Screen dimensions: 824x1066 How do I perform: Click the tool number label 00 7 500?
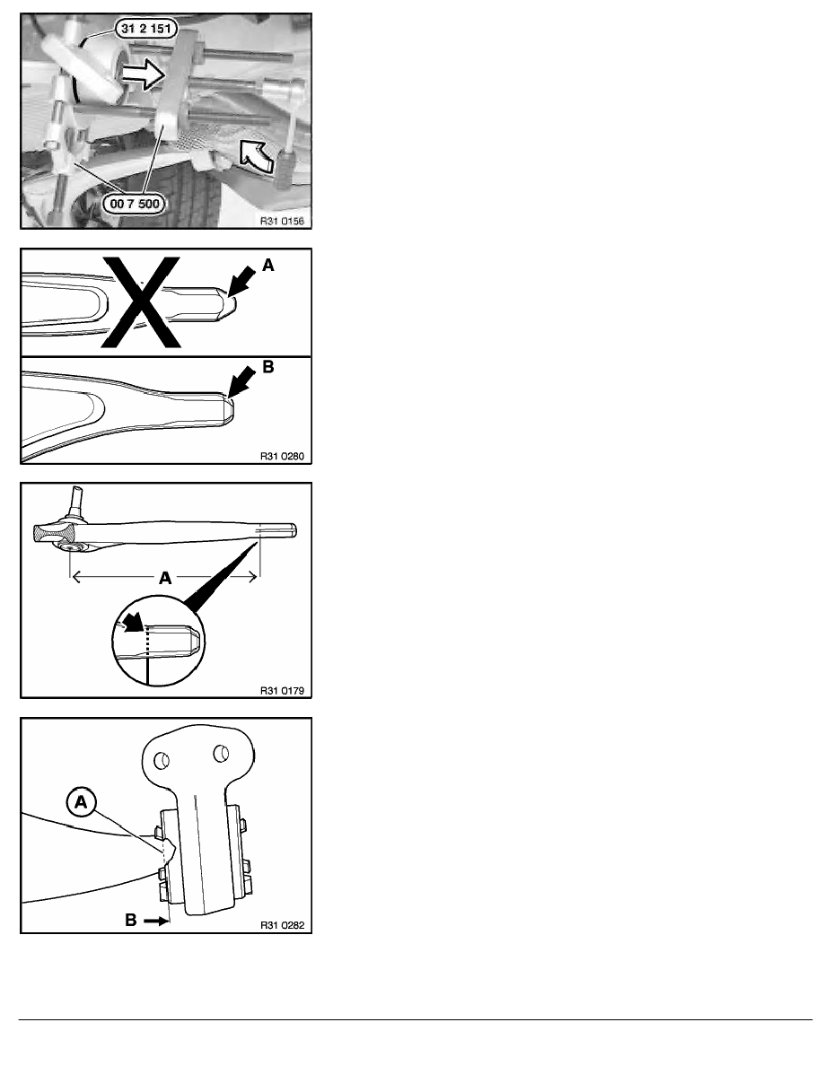coord(134,204)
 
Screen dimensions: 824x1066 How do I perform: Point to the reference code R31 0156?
coord(282,221)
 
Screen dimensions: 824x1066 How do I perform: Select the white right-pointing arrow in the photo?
coord(142,74)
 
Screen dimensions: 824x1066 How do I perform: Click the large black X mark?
coord(141,301)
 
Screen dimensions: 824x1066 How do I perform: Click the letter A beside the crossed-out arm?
coord(267,265)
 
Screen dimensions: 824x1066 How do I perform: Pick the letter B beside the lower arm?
coord(267,367)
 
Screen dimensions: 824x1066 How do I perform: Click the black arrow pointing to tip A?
coord(242,282)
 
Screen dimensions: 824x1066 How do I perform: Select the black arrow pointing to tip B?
coord(242,383)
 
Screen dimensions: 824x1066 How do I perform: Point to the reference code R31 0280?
coord(282,456)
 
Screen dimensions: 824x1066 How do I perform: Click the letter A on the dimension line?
coord(165,578)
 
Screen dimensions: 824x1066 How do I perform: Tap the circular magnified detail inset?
coord(158,640)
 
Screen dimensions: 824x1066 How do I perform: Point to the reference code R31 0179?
coord(282,691)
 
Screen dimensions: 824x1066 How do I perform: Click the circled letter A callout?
coord(81,802)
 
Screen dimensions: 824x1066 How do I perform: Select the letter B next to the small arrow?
coord(131,920)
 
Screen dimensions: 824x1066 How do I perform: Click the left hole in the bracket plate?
coord(162,760)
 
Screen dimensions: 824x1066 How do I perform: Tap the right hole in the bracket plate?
coord(220,753)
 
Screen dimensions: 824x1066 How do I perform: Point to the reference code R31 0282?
coord(282,925)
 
